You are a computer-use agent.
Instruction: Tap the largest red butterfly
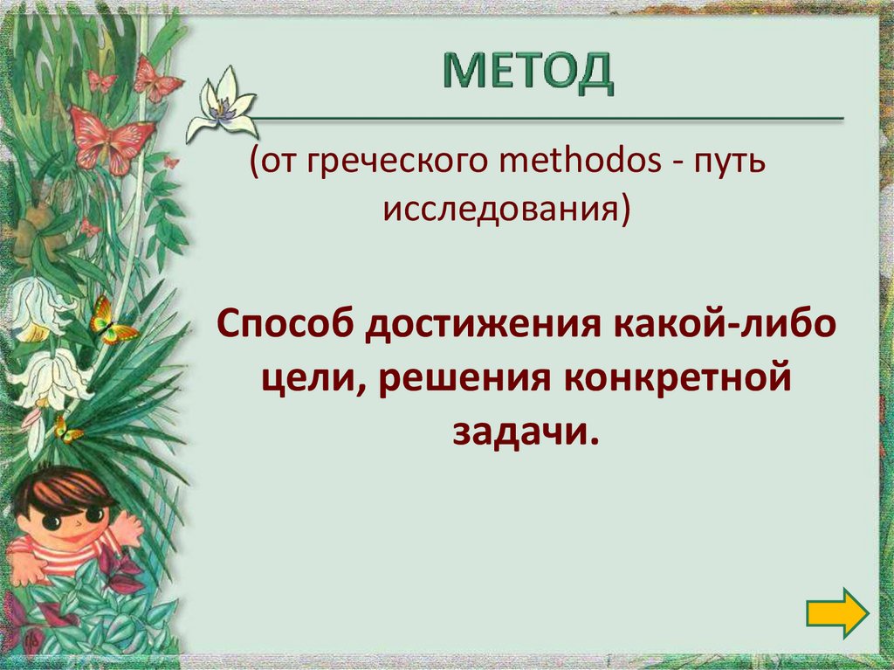point(111,136)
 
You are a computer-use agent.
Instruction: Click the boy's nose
point(77,522)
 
